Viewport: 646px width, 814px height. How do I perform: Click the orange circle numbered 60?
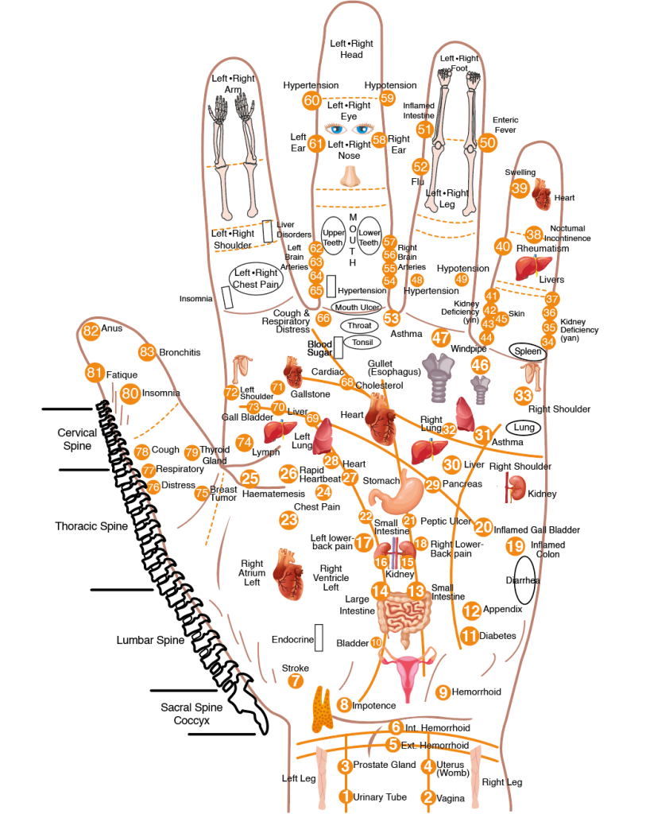click(311, 101)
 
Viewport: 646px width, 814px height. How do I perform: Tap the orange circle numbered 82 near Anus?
click(91, 331)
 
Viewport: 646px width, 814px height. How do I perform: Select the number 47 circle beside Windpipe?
click(441, 337)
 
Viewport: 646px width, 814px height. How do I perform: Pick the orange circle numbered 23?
click(288, 520)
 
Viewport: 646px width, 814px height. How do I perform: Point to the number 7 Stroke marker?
click(296, 680)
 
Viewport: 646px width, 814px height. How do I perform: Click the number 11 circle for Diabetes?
click(469, 636)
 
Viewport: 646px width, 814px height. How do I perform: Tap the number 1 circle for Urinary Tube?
click(345, 797)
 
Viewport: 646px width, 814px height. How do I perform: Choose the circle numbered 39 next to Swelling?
click(520, 188)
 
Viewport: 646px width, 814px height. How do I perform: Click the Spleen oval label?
click(528, 351)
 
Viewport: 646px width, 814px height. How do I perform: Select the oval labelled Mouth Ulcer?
click(357, 307)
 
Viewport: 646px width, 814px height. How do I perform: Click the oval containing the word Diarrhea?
click(523, 579)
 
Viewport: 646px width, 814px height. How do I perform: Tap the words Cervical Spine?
click(77, 439)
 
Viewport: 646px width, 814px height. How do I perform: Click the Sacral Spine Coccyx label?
click(191, 714)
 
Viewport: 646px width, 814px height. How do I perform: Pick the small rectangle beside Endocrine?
click(319, 638)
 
